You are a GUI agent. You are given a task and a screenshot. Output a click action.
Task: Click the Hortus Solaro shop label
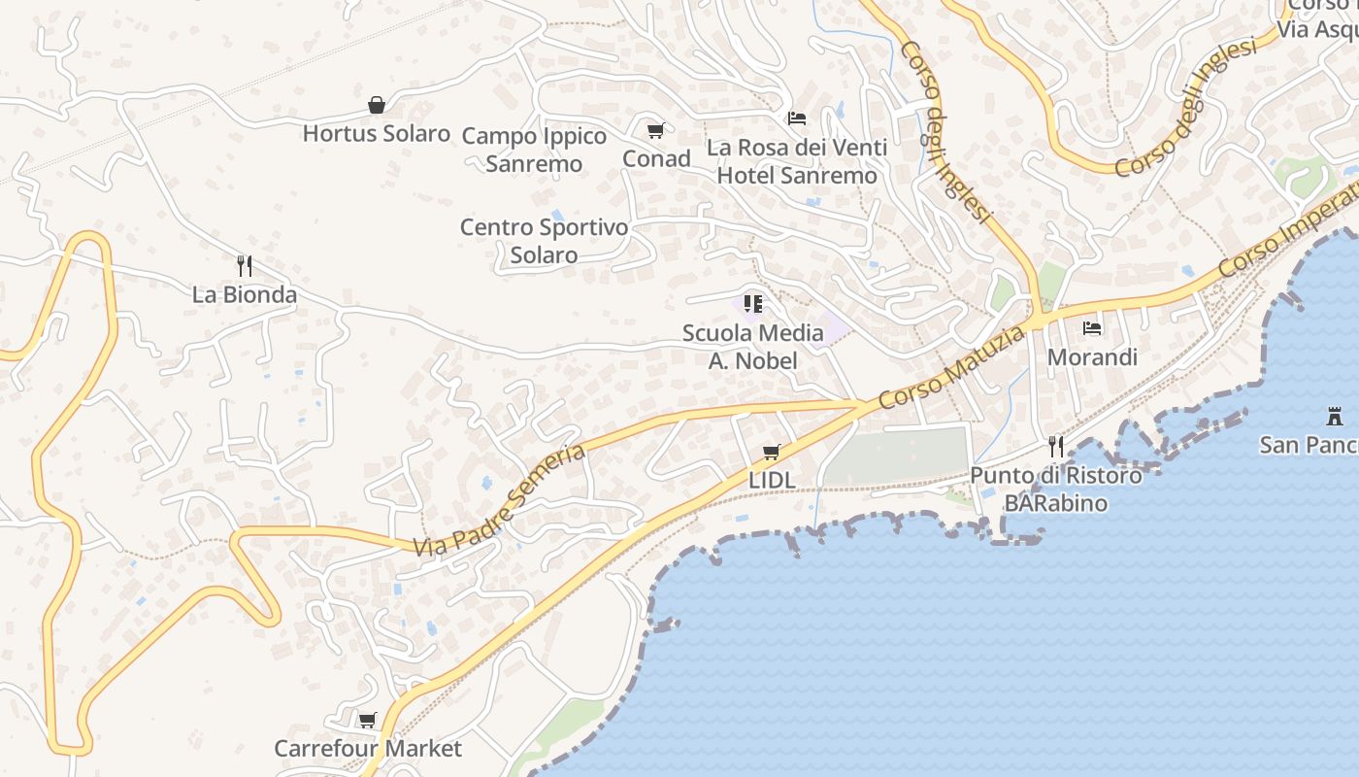tap(377, 133)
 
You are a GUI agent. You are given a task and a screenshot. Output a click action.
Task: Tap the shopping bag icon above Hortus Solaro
tap(377, 105)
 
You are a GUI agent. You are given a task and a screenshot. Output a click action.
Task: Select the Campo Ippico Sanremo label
tap(534, 150)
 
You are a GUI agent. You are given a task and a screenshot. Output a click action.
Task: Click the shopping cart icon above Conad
tap(655, 130)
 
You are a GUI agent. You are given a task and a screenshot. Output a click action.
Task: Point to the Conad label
tap(656, 158)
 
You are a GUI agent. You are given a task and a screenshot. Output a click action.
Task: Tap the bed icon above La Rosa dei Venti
tap(797, 118)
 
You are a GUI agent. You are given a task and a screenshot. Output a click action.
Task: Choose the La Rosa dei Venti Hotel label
tap(797, 161)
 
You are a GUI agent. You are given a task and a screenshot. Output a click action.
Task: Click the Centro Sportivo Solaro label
tap(544, 241)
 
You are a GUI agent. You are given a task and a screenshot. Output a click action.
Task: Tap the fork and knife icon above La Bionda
tap(245, 265)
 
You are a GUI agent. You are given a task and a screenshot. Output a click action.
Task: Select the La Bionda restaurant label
tap(245, 294)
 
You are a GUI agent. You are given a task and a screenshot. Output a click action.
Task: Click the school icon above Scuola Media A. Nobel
tap(752, 304)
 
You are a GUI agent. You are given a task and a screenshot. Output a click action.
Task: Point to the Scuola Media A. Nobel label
tap(753, 347)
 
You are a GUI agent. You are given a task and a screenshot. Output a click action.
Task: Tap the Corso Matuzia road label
tap(951, 367)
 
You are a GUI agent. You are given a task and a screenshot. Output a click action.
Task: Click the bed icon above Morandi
tap(1092, 328)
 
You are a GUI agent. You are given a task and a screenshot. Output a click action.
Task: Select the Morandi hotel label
tap(1092, 357)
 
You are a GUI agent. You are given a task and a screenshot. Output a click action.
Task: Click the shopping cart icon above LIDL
tap(772, 452)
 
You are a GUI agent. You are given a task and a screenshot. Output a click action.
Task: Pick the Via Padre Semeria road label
tap(499, 501)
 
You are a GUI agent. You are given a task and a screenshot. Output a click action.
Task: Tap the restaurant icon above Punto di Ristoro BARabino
tap(1056, 447)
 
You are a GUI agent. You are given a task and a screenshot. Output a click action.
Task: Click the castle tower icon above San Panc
tap(1335, 417)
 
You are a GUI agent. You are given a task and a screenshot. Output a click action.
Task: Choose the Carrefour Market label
tap(368, 749)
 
